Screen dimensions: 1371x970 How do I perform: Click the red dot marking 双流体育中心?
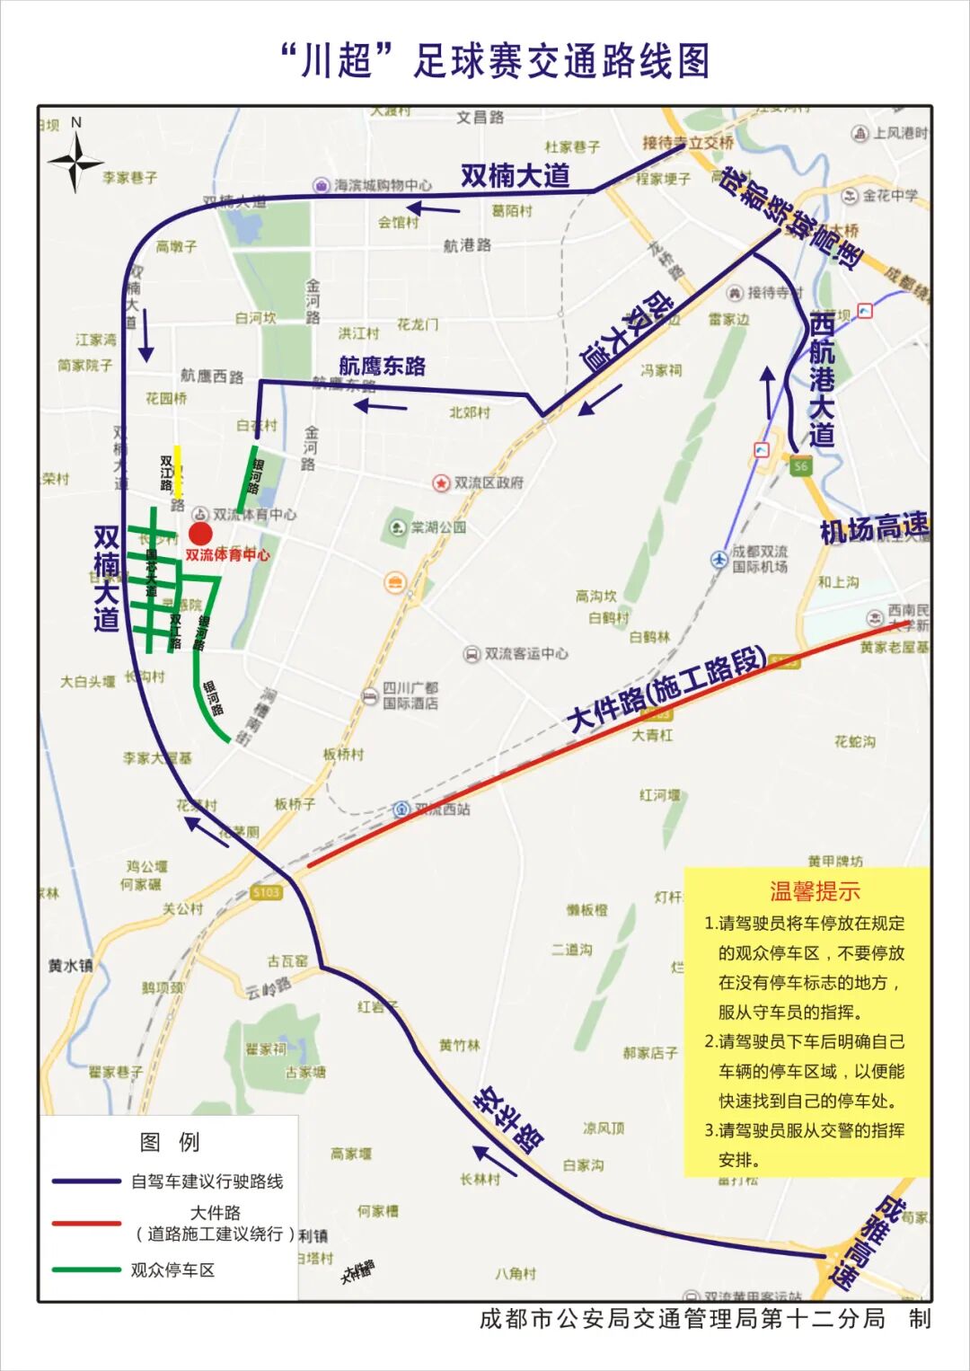[x=200, y=535]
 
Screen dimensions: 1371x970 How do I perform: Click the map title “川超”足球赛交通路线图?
[x=495, y=61]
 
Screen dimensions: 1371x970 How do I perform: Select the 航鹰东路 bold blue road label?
[x=382, y=366]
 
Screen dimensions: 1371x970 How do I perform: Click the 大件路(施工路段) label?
[x=667, y=689]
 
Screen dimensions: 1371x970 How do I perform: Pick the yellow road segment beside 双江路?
[x=178, y=472]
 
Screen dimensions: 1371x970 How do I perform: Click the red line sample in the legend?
[x=86, y=1223]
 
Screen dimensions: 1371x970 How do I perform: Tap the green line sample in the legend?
[x=86, y=1269]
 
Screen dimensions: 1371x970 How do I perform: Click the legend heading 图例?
[x=170, y=1142]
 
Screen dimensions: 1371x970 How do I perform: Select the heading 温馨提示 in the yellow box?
[x=815, y=891]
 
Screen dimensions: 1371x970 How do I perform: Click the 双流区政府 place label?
[x=488, y=482]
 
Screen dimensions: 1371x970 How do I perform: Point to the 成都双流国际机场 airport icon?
[x=719, y=559]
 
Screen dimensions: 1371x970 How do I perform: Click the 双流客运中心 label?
[x=525, y=654]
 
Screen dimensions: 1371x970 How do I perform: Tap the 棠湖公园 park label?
[x=438, y=527]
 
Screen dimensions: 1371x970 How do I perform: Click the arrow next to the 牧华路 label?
[x=495, y=1160]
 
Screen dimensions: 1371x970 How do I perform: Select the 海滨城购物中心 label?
[x=383, y=185]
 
